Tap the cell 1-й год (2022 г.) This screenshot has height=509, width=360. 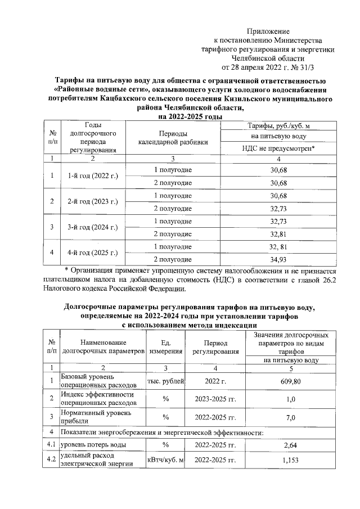[92, 176]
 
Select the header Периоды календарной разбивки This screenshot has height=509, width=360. [173, 138]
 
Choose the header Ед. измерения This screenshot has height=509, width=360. [166, 346]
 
